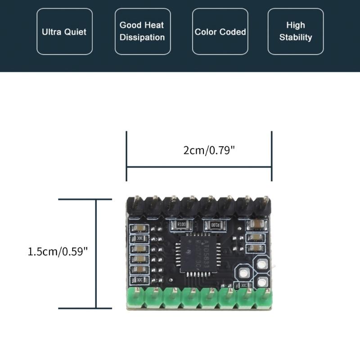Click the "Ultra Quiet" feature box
coord(64,31)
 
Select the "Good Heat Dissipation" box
coord(142,31)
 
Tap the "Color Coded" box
coord(220,31)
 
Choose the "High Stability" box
coord(295,31)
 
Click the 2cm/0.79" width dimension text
coord(209,150)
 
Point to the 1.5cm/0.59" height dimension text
coord(58,251)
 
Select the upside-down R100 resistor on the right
coord(214,224)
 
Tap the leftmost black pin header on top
coord(135,205)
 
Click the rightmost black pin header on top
coord(262,205)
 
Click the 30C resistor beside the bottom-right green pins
coord(243,285)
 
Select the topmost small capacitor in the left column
coord(139,228)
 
